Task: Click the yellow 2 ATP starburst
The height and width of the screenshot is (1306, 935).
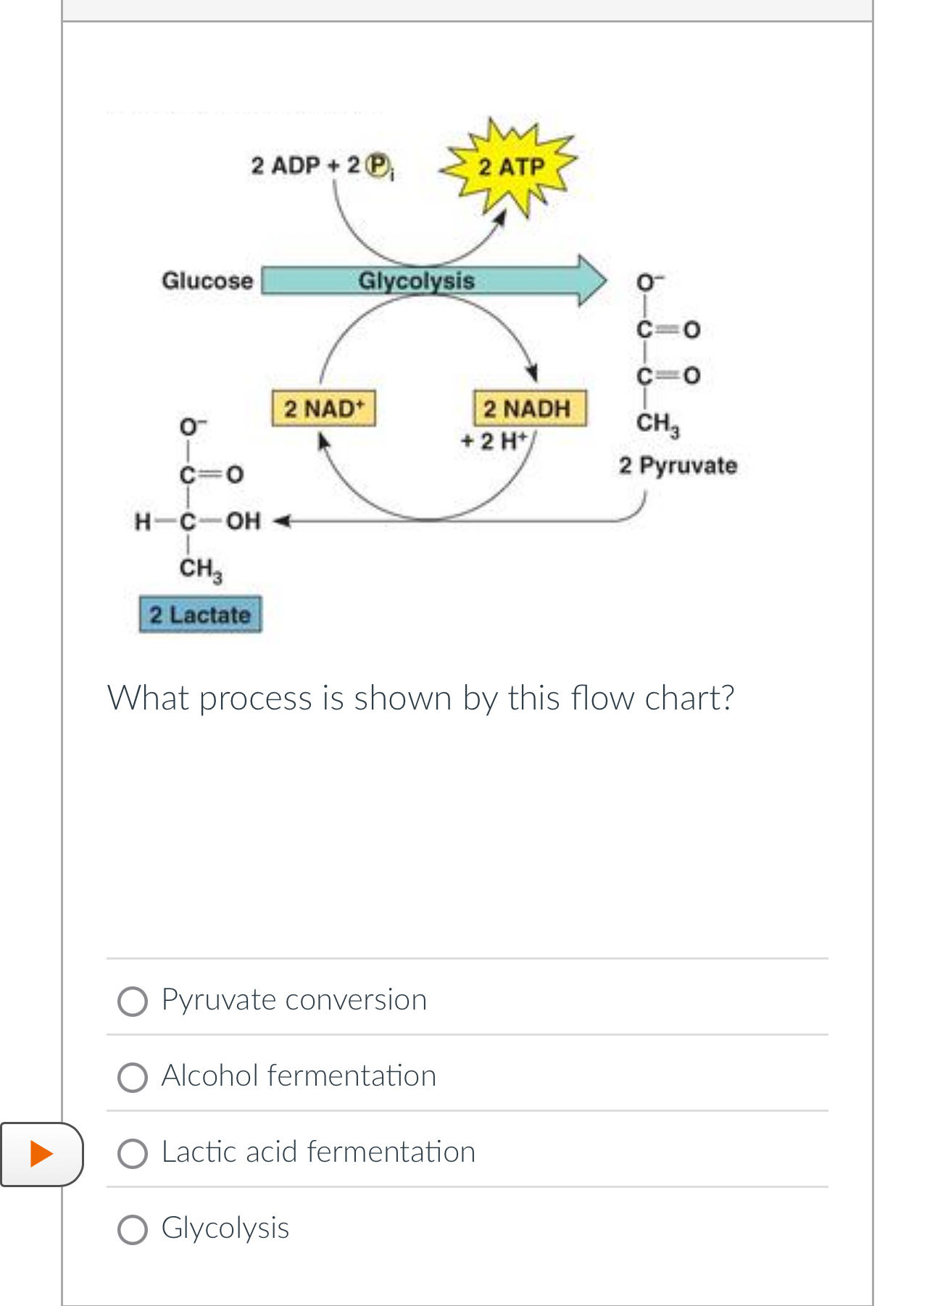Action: [511, 167]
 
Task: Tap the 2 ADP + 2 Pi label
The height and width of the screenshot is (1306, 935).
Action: [322, 166]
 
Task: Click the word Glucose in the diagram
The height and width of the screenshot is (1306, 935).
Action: [207, 280]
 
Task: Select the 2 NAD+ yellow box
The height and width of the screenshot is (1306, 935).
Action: [324, 409]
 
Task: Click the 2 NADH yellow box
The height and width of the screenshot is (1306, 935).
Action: [529, 409]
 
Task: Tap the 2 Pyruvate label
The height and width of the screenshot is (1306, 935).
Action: [678, 465]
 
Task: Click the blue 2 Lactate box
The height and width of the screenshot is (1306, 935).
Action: [200, 615]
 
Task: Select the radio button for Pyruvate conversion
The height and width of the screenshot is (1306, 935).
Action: [133, 1001]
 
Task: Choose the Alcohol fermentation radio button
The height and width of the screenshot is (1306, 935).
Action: [133, 1077]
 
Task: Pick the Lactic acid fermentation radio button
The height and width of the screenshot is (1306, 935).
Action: [133, 1153]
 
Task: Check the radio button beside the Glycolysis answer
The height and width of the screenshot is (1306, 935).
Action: [133, 1229]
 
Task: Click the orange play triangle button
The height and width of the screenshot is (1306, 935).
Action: [41, 1153]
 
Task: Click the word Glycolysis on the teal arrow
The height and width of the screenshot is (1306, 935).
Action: [416, 280]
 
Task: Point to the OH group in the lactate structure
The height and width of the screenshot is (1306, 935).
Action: [243, 521]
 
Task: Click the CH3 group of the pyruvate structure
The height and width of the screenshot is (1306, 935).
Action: [657, 423]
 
